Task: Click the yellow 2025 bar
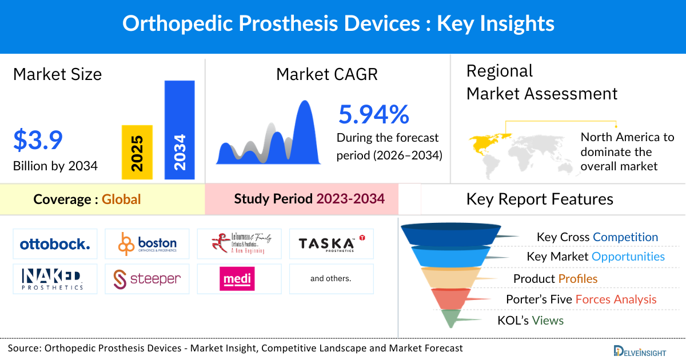(137, 151)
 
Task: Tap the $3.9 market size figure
(38, 140)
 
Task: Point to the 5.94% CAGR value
(374, 114)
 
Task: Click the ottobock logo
(55, 245)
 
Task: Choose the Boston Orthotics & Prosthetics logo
(147, 244)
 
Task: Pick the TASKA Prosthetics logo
(331, 244)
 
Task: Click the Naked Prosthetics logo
(55, 278)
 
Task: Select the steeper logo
(147, 278)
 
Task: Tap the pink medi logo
(237, 279)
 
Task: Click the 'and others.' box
(330, 278)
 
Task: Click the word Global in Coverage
(121, 199)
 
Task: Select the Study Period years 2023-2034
(350, 199)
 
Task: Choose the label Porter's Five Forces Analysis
(581, 299)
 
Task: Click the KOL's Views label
(531, 321)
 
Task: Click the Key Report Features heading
(540, 199)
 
